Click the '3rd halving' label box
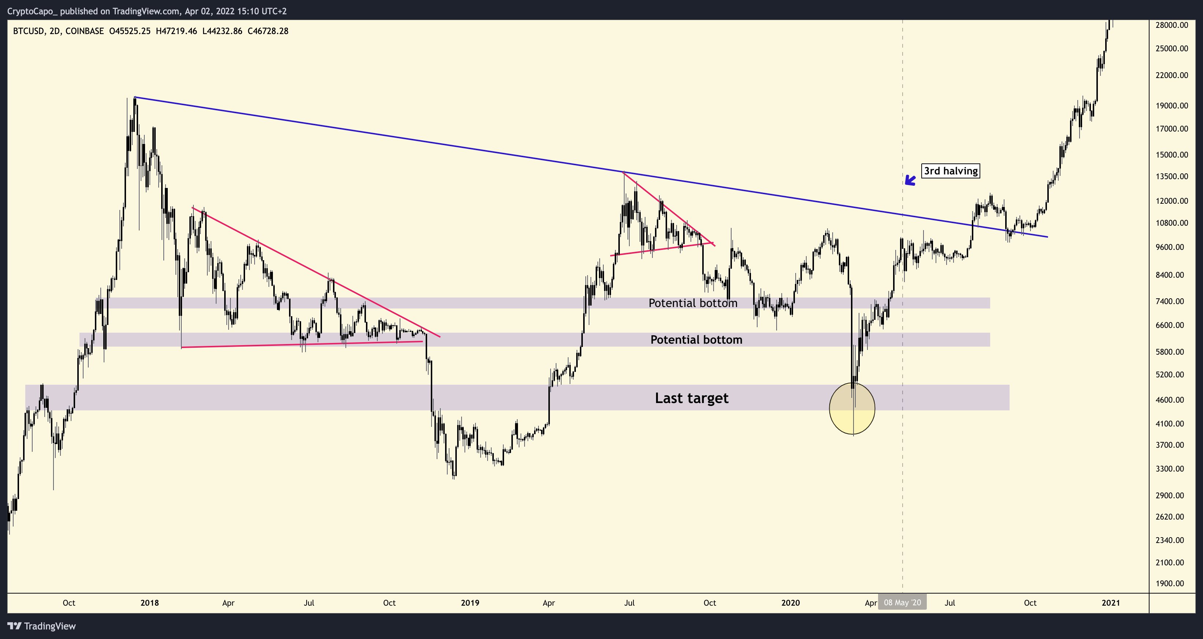point(950,171)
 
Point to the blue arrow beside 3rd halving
point(910,180)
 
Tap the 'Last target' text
point(691,398)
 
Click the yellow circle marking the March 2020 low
point(852,409)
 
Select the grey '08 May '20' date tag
point(902,603)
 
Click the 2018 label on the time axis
point(149,603)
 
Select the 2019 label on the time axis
point(470,603)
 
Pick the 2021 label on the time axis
point(1111,603)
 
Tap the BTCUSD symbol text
point(29,31)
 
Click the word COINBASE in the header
point(85,31)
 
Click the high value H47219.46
point(176,31)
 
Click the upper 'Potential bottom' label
point(693,303)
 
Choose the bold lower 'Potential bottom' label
point(696,340)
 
